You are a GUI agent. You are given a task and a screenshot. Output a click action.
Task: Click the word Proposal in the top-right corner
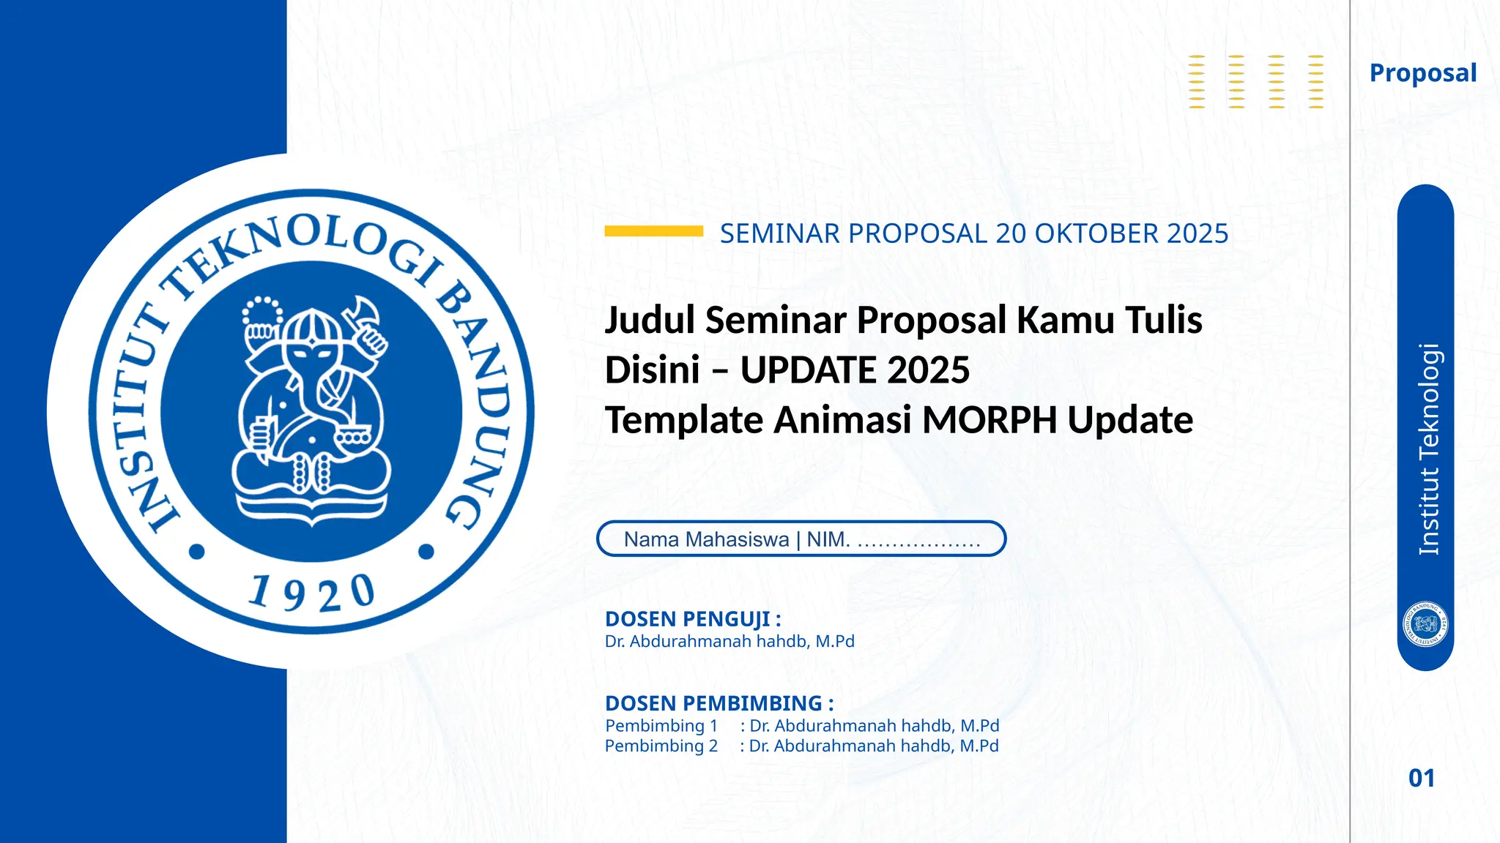[1422, 73]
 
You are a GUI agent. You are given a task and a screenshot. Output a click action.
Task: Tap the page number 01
[1422, 778]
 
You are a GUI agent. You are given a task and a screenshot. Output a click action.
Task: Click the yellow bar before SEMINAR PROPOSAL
[653, 231]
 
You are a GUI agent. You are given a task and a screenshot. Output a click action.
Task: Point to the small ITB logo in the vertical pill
[1425, 624]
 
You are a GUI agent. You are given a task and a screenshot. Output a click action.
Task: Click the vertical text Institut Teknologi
[1429, 449]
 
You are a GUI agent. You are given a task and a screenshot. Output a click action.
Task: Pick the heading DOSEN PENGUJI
[693, 619]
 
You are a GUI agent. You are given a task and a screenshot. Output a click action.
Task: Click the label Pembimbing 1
[661, 726]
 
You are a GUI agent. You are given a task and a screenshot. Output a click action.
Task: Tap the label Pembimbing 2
[661, 746]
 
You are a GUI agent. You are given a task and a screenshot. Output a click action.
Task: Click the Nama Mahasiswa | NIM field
[801, 539]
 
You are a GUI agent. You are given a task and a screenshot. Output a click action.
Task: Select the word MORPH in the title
[990, 420]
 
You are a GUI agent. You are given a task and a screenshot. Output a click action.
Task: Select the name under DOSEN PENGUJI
[729, 642]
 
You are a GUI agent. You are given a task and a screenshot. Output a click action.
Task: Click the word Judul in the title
[650, 321]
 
